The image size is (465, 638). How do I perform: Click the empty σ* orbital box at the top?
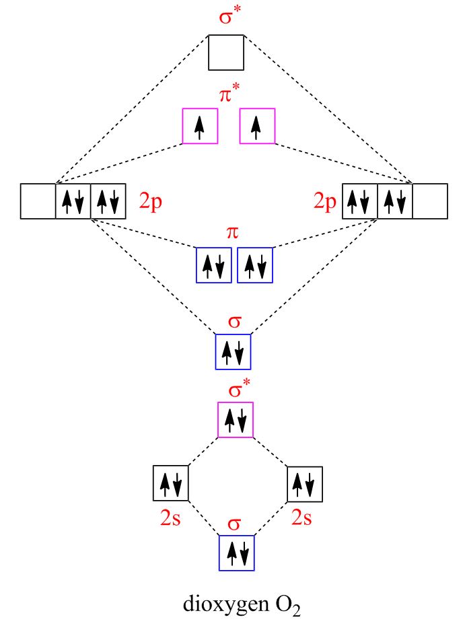225,52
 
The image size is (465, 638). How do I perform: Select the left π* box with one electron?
200,126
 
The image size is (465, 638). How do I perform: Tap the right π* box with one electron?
257,126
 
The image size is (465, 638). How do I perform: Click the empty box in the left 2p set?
38,201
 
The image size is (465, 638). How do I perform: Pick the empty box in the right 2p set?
429,201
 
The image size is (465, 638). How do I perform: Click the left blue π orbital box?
213,265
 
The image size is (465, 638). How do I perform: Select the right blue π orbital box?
255,265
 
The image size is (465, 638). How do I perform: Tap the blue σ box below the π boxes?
233,351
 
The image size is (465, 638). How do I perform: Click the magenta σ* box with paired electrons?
236,419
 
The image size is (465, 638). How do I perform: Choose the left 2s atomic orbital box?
170,483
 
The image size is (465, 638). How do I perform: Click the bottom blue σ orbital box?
237,553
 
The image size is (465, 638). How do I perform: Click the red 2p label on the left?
151,202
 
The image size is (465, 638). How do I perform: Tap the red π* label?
229,95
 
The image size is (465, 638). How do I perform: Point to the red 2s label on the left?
170,518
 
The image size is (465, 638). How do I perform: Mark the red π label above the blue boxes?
233,233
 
